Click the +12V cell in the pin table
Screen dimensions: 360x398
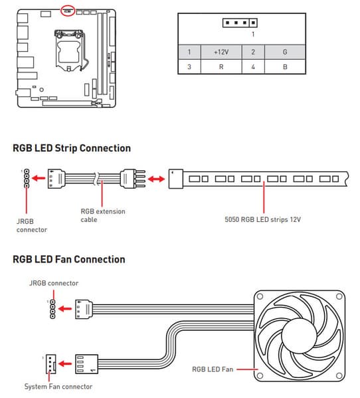click(221, 52)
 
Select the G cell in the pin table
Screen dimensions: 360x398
click(285, 52)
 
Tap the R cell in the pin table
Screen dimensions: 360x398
click(221, 66)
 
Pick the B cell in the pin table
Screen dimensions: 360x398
click(285, 66)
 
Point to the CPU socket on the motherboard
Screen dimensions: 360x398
click(69, 50)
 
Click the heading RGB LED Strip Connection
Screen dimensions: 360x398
click(72, 148)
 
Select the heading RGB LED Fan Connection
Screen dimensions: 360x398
click(69, 259)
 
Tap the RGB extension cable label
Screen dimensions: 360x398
click(103, 215)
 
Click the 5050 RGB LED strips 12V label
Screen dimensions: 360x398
click(262, 219)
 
